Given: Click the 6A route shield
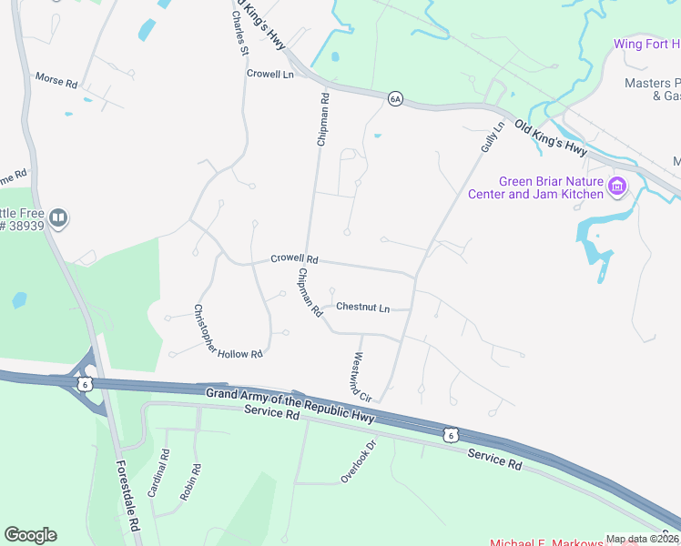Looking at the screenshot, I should pyautogui.click(x=394, y=98).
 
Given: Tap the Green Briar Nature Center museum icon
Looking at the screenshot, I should pyautogui.click(x=617, y=187).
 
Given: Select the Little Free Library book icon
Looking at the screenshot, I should pyautogui.click(x=58, y=217).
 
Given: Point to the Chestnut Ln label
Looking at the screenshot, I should pyautogui.click(x=362, y=308).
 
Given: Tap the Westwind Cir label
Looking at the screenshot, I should pyautogui.click(x=362, y=377).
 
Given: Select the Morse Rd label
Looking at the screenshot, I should pyautogui.click(x=56, y=81).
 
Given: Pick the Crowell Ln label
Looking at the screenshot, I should pyautogui.click(x=270, y=74).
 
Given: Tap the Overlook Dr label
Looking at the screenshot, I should pyautogui.click(x=358, y=461).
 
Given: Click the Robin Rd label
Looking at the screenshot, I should pyautogui.click(x=189, y=482).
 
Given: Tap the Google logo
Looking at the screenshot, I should pyautogui.click(x=30, y=535).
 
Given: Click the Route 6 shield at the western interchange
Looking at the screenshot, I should pyautogui.click(x=86, y=384).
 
